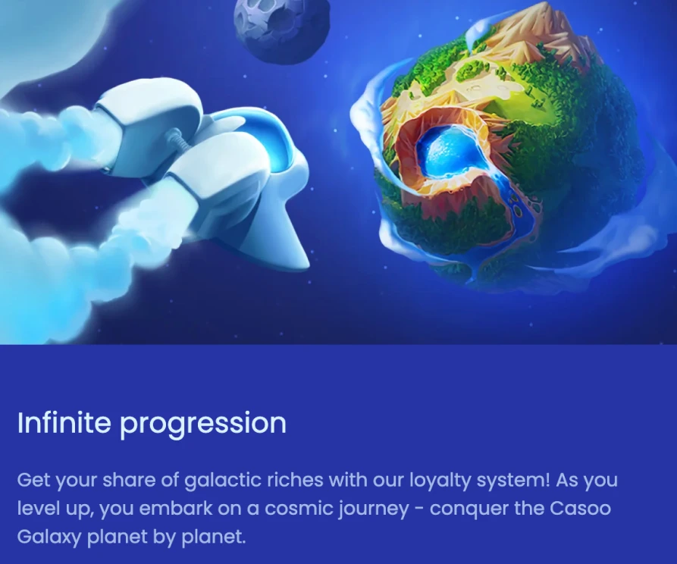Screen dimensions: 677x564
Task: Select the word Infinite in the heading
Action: pyautogui.click(x=64, y=422)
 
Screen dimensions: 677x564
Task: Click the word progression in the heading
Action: pyautogui.click(x=203, y=425)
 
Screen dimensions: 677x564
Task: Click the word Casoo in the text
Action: pyautogui.click(x=580, y=509)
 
